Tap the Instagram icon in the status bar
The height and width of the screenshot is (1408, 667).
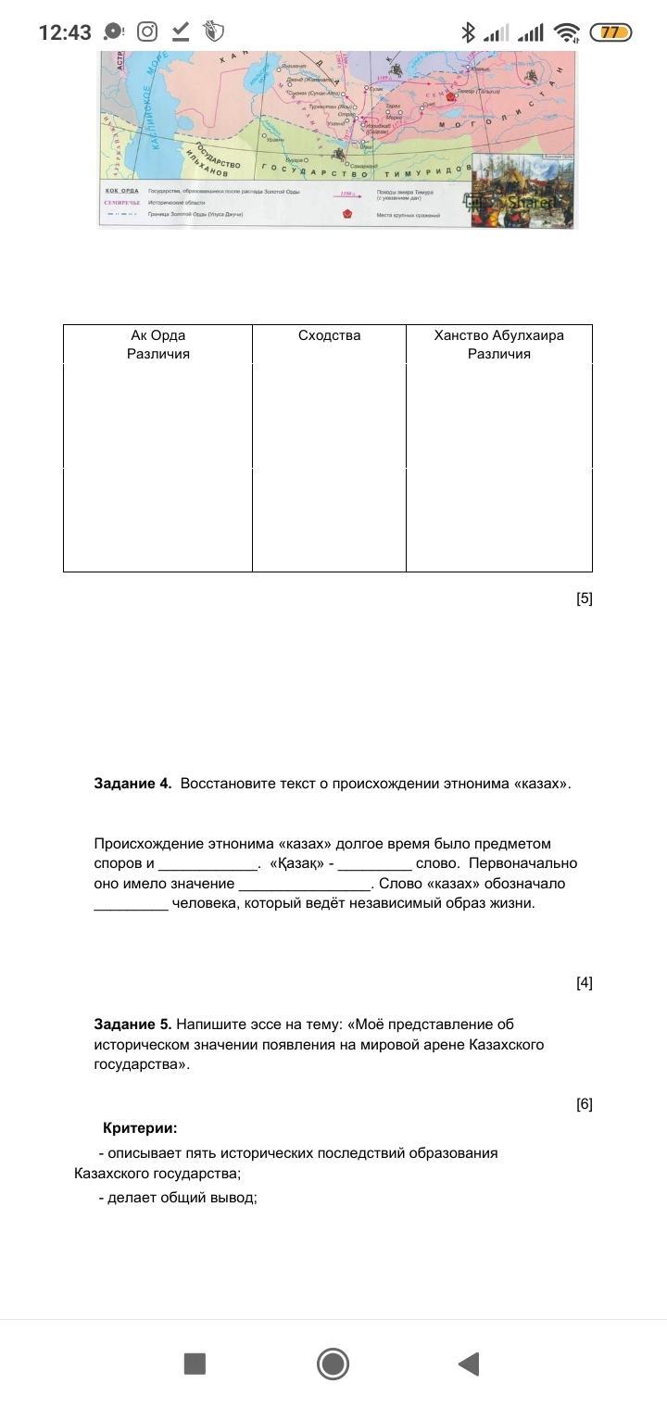[147, 32]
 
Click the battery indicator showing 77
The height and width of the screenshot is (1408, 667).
[610, 32]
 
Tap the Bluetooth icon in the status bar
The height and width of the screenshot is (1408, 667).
[468, 32]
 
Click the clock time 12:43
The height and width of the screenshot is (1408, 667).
[65, 32]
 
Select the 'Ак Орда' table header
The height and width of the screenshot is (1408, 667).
[157, 335]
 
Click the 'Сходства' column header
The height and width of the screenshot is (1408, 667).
[329, 335]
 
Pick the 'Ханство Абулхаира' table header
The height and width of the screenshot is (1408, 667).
[498, 335]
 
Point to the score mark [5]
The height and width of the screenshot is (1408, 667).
[584, 598]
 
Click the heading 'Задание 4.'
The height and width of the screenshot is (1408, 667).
[132, 784]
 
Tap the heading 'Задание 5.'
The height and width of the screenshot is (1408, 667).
[132, 1025]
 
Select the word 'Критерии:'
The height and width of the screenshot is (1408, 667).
[140, 1128]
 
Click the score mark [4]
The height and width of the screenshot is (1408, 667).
[584, 983]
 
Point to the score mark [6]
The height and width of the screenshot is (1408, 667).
[584, 1104]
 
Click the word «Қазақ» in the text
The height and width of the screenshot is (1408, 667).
[296, 863]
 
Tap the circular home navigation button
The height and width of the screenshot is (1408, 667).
[333, 1364]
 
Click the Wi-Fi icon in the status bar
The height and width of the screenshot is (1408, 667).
[566, 32]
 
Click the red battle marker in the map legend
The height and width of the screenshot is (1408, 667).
[347, 214]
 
